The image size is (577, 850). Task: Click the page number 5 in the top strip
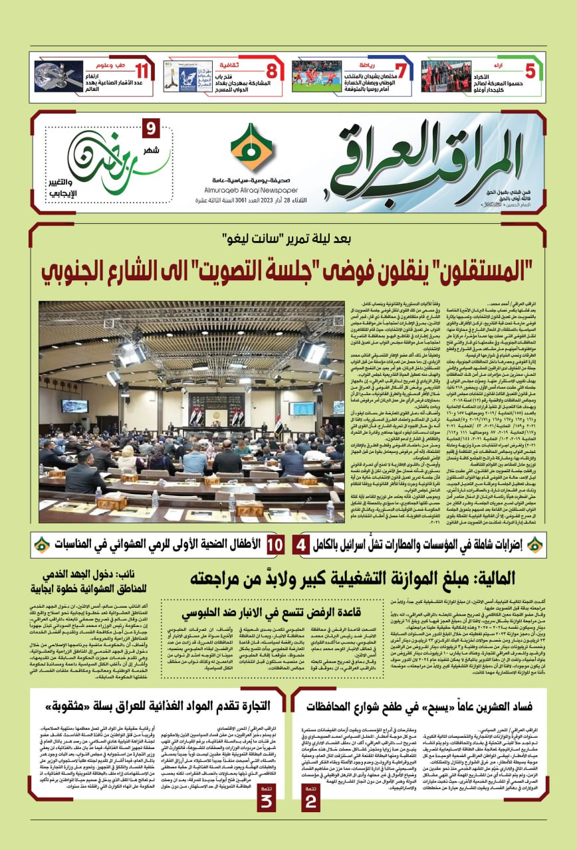pyautogui.click(x=530, y=71)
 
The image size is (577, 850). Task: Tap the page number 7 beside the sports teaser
pyautogui.click(x=400, y=71)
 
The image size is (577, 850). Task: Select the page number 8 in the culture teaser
pyautogui.click(x=271, y=71)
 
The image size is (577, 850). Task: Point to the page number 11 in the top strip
pyautogui.click(x=142, y=71)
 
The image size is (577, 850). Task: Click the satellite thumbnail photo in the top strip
pyautogui.click(x=58, y=76)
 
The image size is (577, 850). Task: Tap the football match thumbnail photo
pyautogui.click(x=316, y=76)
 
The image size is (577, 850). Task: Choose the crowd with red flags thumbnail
pyautogui.click(x=445, y=76)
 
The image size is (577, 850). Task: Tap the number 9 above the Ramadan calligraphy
pyautogui.click(x=150, y=127)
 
